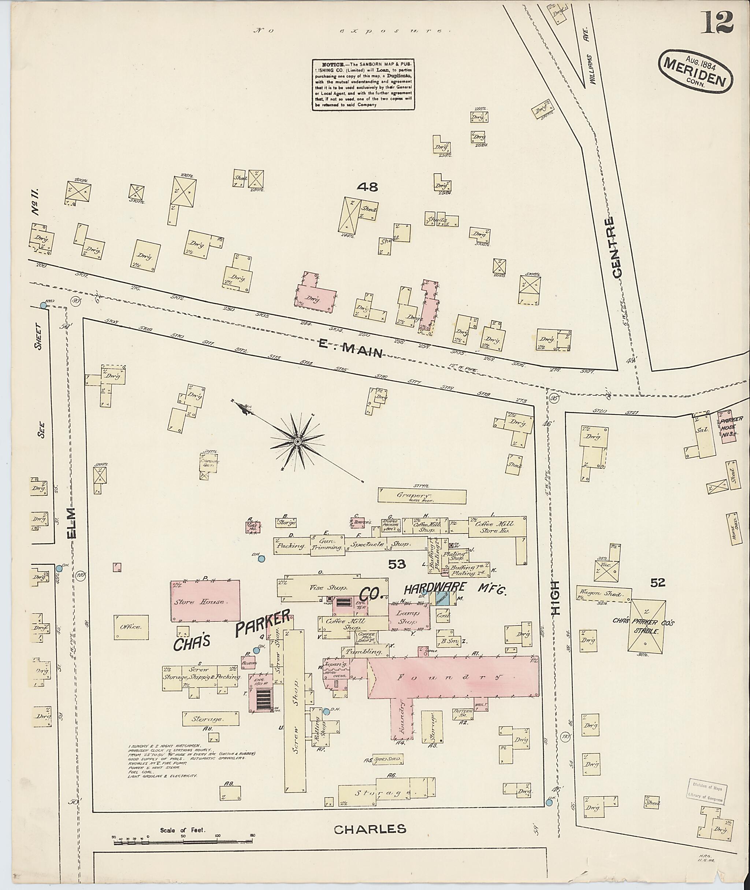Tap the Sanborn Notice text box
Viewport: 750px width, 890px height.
pyautogui.click(x=364, y=85)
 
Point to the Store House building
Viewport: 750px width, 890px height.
pyautogui.click(x=205, y=601)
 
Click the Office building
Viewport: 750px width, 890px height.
pyautogui.click(x=131, y=627)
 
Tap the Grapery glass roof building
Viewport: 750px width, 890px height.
pyautogui.click(x=422, y=496)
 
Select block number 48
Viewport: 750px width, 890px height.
pyautogui.click(x=367, y=187)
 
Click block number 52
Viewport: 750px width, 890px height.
pyautogui.click(x=657, y=583)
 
